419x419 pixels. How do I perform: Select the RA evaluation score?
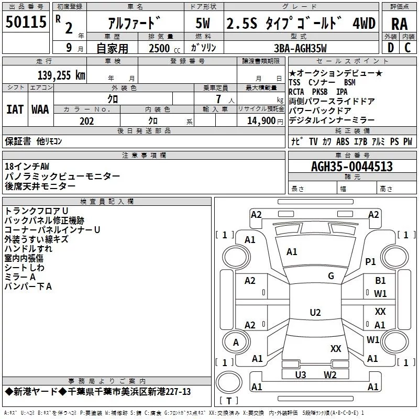click(x=399, y=24)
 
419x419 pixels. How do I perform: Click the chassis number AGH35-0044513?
click(x=352, y=167)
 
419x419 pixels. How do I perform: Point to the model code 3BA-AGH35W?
click(x=300, y=49)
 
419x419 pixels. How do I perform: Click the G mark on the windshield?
click(x=331, y=276)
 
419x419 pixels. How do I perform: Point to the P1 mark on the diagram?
click(x=371, y=261)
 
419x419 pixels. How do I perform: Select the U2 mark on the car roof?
click(x=315, y=313)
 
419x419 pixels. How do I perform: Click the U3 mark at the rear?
click(x=301, y=374)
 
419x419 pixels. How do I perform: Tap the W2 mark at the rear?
click(x=330, y=374)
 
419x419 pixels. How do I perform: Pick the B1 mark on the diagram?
click(x=380, y=281)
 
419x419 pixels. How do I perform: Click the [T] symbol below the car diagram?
click(x=228, y=401)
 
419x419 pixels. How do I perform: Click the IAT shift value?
click(x=15, y=109)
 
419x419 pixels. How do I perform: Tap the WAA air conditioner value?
click(x=40, y=109)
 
